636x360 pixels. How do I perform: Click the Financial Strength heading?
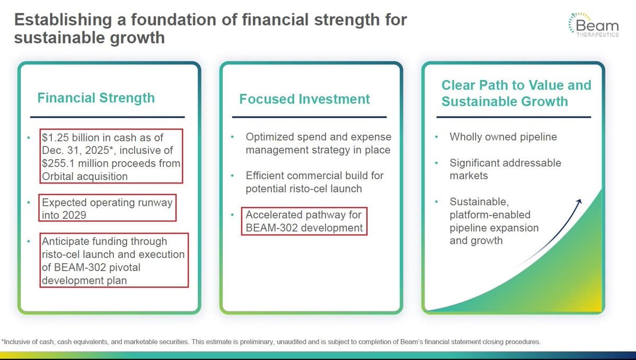tap(96, 98)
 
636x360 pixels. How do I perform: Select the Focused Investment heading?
tap(304, 99)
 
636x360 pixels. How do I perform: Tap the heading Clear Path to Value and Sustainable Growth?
tap(516, 93)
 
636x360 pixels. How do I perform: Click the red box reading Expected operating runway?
tap(108, 208)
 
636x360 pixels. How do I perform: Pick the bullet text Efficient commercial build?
tap(314, 175)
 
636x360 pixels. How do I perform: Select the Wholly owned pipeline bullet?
tap(503, 137)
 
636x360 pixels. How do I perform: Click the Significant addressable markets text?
tap(505, 169)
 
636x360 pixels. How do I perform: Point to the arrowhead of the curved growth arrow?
tap(579, 201)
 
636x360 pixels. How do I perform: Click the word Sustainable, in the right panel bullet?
tap(479, 202)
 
